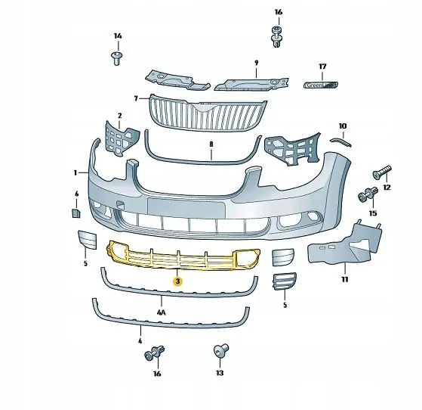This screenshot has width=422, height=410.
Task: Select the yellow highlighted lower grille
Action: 181,257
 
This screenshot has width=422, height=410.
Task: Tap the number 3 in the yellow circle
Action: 177,281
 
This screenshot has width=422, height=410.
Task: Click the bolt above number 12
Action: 382,170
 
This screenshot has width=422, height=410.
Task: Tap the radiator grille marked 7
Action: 208,111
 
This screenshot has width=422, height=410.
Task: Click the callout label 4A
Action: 161,311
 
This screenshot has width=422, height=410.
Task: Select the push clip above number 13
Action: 220,351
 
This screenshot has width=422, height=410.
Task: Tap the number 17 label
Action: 322,67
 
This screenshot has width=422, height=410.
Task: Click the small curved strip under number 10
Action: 342,138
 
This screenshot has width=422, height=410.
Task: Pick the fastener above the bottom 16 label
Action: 158,353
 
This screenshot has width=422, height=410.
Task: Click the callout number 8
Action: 211,144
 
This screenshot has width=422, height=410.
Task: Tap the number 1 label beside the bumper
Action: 75,172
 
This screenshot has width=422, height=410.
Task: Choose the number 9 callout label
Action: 256,63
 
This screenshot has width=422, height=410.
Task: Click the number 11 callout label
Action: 344,279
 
